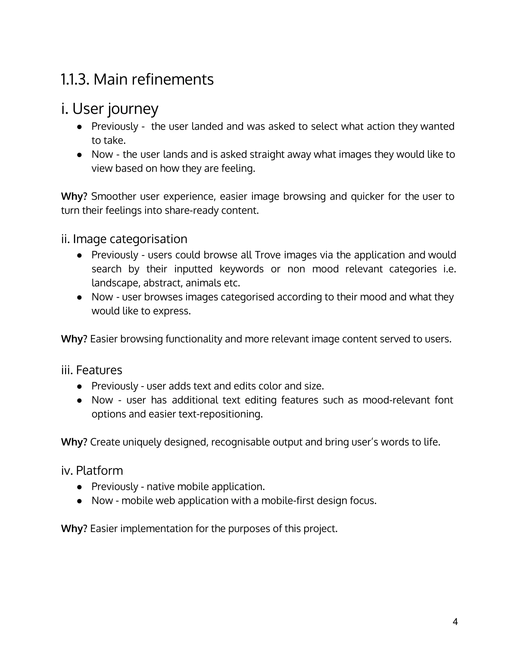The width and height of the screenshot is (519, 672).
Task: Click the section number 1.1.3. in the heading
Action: [75, 79]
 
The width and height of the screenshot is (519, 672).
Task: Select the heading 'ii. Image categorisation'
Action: [124, 239]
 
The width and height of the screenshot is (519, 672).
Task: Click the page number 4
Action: [455, 622]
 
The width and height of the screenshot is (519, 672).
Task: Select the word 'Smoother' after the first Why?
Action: [114, 196]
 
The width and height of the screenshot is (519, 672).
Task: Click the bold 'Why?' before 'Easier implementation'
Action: [74, 529]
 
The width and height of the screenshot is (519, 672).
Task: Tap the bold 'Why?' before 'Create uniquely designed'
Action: [74, 442]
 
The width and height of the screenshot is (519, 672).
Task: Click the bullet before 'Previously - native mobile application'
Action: [79, 487]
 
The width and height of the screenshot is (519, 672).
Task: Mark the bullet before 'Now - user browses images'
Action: [79, 297]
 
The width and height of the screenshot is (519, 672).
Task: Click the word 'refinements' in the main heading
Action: [173, 79]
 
